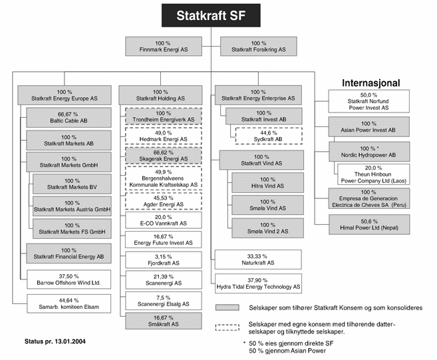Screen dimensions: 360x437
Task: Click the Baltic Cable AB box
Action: click(x=65, y=118)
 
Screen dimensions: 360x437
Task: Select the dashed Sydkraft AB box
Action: click(x=265, y=136)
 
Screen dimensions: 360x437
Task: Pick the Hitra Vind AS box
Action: click(x=267, y=184)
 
